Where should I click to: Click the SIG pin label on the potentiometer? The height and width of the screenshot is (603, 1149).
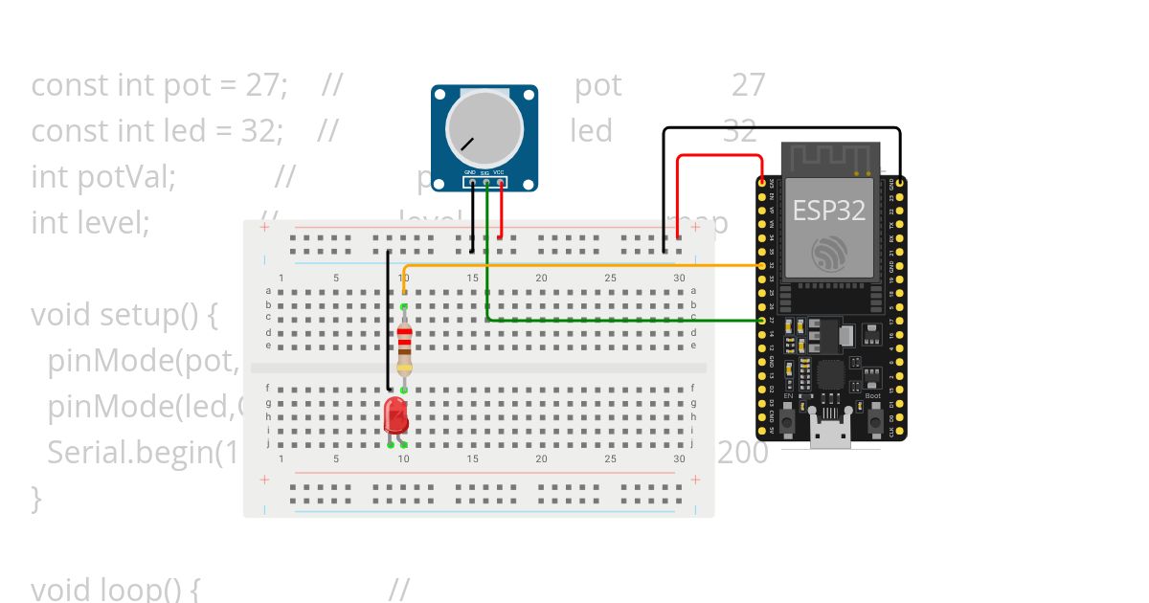click(485, 172)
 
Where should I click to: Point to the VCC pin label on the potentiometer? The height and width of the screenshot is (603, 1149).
click(499, 172)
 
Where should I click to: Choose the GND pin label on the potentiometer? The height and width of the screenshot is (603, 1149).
click(471, 172)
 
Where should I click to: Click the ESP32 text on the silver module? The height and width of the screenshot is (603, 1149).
click(828, 211)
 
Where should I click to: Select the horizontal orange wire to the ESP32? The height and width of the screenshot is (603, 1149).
click(574, 265)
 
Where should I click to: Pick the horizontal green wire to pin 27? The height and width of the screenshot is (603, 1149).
click(622, 320)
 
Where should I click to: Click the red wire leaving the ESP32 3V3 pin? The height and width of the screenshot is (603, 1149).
click(718, 155)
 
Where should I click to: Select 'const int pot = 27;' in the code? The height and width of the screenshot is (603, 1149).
click(159, 85)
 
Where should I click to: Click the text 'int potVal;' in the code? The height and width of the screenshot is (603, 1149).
click(103, 177)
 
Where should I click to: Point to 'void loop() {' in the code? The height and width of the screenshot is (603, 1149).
click(115, 589)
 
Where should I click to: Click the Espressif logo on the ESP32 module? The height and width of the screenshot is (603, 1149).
click(829, 255)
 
